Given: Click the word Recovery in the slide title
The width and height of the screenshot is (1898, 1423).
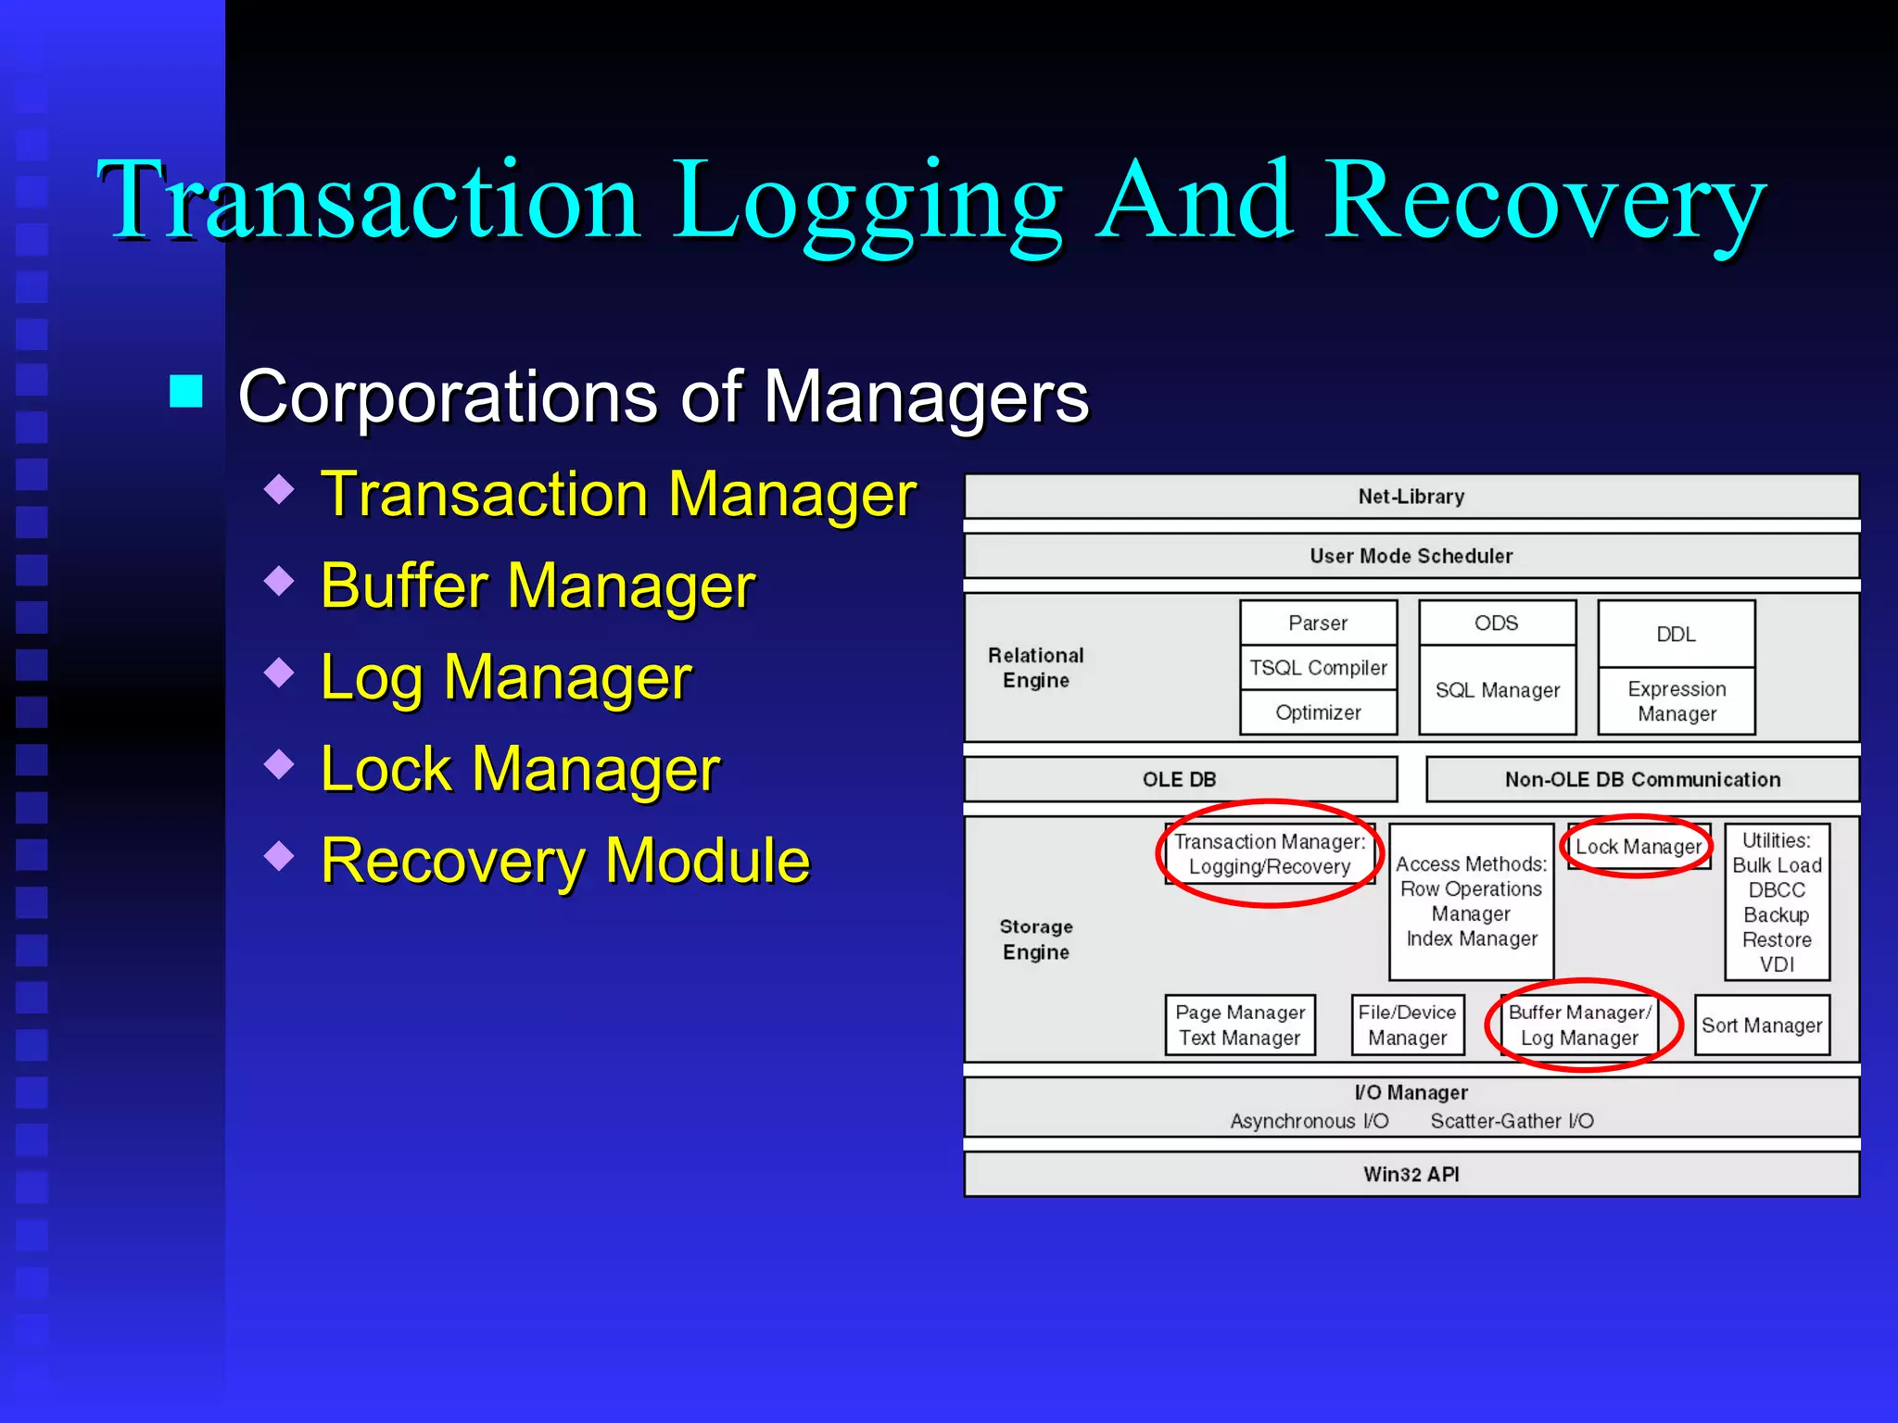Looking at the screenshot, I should coord(1546,199).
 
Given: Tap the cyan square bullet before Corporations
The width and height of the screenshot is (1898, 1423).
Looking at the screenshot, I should coord(186,392).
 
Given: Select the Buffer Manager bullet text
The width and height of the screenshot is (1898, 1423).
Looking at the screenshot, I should coord(538,586).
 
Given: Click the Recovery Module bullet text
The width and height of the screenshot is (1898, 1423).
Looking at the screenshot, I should coord(565,861).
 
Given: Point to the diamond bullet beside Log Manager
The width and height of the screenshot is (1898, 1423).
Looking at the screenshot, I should coord(279,672).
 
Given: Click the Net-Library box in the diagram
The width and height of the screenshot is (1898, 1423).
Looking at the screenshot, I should coord(1411,497).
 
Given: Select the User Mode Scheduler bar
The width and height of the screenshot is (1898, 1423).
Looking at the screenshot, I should coord(1411,556).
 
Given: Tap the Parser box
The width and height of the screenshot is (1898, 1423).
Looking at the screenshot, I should coord(1318,623).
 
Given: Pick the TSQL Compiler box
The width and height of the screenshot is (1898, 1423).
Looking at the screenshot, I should coord(1318,668).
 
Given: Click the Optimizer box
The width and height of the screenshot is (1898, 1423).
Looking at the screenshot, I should coord(1318,712).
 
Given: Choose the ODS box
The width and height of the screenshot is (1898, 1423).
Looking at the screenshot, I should coord(1496,623).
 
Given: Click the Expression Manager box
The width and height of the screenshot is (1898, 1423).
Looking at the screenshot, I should coord(1677,701).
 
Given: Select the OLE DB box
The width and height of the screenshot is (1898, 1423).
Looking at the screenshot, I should coord(1179,779).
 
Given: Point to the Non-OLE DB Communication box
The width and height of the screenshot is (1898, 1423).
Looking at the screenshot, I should coord(1642,779).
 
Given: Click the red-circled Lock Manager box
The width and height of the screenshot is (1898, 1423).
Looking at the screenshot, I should coord(1638,847).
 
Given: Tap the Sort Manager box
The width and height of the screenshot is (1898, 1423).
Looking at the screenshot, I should coord(1762,1026).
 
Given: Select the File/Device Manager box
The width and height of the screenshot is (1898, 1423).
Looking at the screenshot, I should coord(1407,1026).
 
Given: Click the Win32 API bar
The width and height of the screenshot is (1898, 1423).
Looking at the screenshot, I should coord(1411,1174).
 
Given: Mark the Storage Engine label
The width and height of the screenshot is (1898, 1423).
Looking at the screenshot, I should coord(1036,939).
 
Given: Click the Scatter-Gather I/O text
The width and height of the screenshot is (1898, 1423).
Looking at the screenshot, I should coord(1512,1121).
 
